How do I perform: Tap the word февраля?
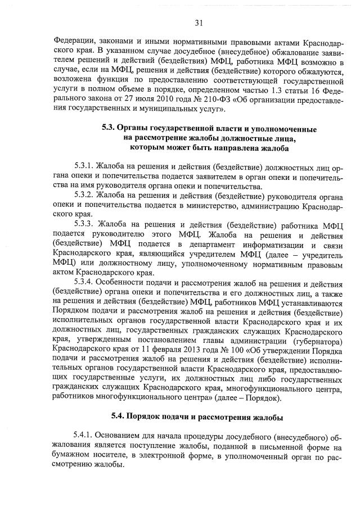click(163, 348)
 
